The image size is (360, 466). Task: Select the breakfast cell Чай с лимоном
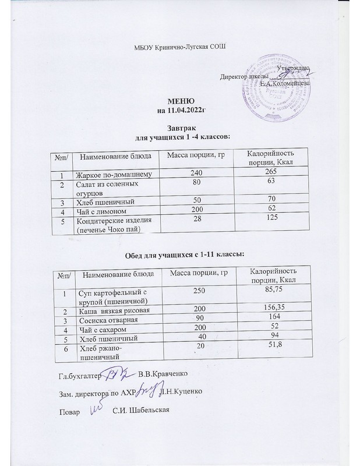coord(98,210)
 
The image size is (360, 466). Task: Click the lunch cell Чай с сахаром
coord(99,329)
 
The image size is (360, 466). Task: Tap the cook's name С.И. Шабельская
coord(141,412)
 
